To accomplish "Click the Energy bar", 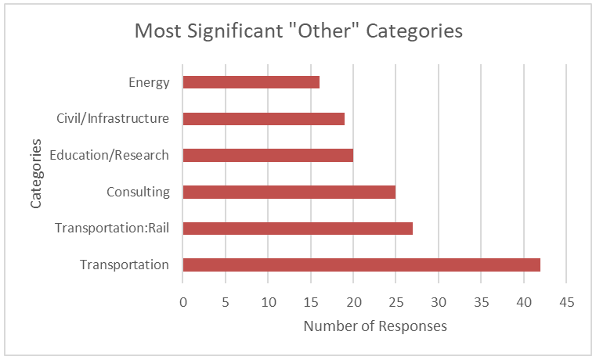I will (x=251, y=82).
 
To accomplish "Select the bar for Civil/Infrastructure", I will (x=263, y=119).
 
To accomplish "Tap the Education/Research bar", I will (x=268, y=155).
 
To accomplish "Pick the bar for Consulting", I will (x=289, y=192).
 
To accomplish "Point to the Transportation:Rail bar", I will (x=298, y=228).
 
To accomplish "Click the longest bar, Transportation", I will (x=361, y=265).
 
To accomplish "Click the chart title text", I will (x=298, y=31).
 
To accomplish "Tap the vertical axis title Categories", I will (x=36, y=173).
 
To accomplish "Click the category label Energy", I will (x=149, y=82).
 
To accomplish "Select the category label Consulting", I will (x=138, y=192).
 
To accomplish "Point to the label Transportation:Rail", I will (x=112, y=228).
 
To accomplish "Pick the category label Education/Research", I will (x=109, y=155).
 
